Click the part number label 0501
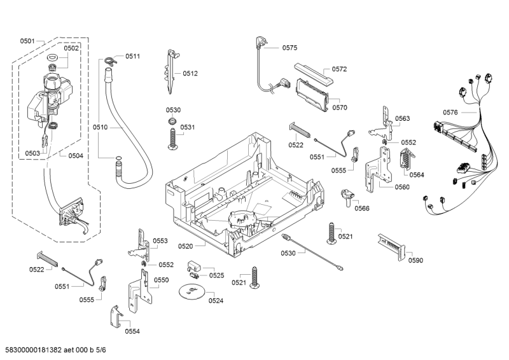27,41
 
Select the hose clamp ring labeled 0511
110,60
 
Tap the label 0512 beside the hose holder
190,73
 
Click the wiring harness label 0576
450,113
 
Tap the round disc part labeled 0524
190,292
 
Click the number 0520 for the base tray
186,246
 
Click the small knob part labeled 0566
348,197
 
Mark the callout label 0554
132,331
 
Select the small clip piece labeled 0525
195,265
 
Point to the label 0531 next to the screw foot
187,127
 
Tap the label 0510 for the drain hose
100,127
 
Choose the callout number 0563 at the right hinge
402,118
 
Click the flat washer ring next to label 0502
52,59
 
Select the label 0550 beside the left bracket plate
161,280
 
